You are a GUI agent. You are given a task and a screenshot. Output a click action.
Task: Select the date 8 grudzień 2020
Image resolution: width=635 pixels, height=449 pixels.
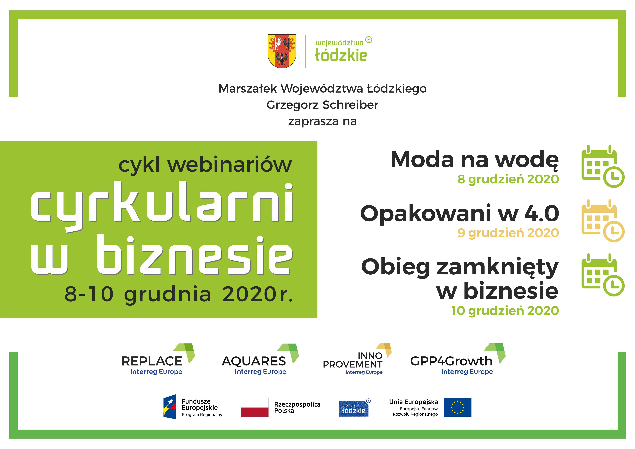(x=508, y=179)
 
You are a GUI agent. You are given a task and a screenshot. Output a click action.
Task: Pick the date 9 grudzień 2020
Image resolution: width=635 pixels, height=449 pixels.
(x=508, y=233)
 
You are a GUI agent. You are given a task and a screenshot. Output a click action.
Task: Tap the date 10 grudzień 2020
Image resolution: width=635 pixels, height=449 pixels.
(x=505, y=311)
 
